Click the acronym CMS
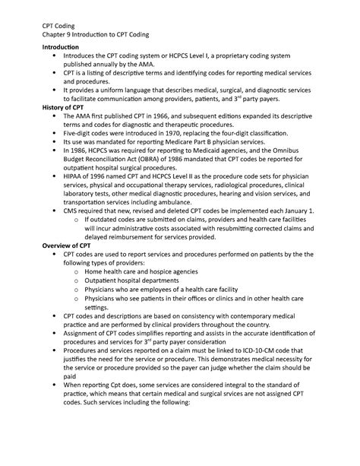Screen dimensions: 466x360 [74, 227]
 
